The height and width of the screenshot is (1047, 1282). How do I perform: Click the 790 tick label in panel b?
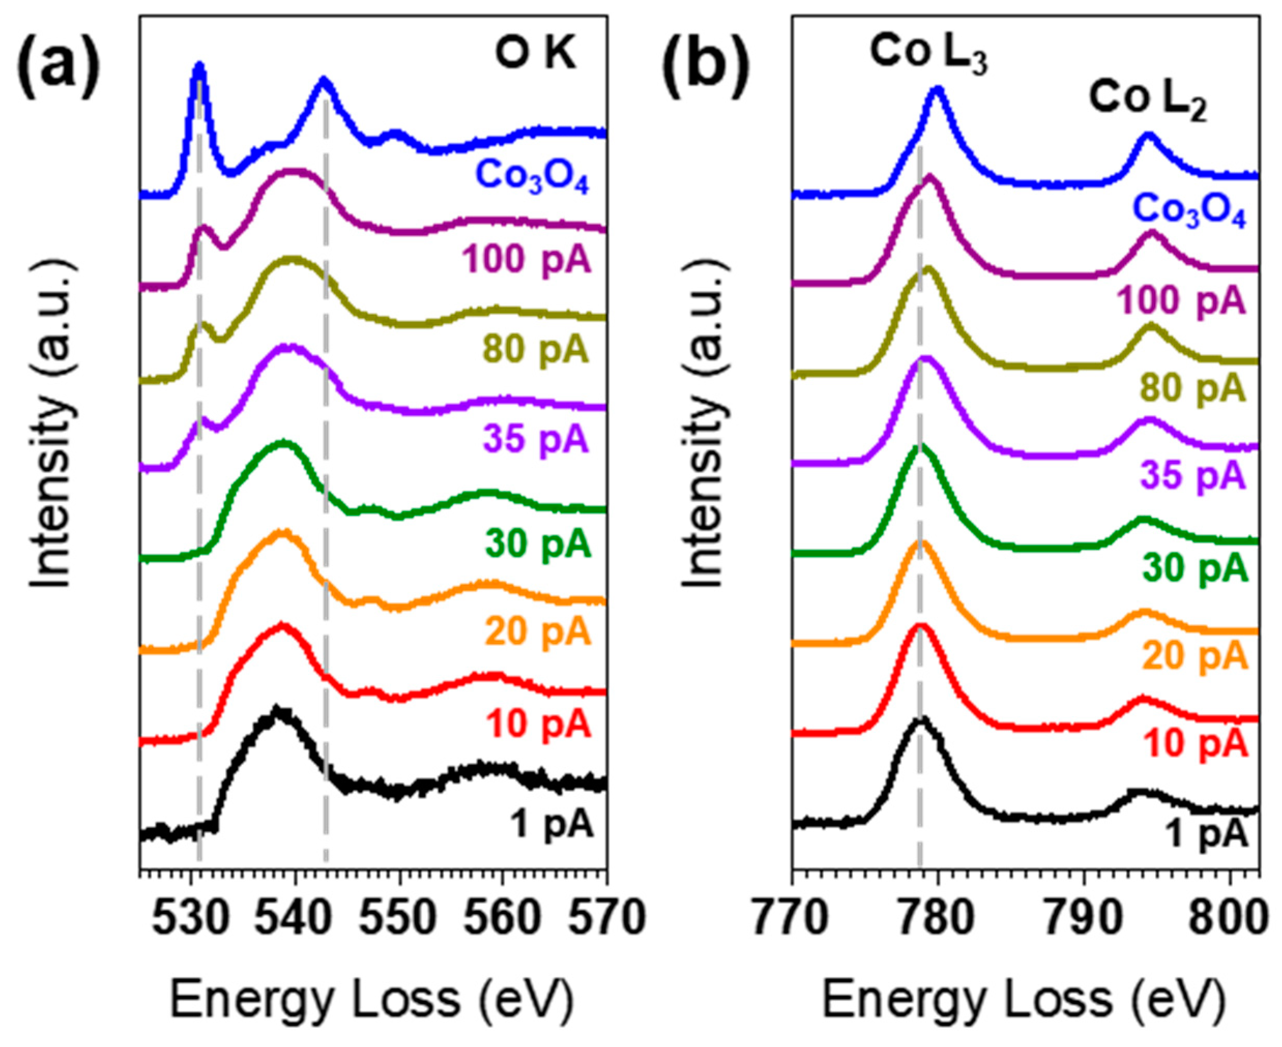[1084, 920]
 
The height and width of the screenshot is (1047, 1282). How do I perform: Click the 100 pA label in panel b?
[1181, 301]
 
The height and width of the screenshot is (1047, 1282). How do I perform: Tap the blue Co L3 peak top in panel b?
[937, 91]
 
